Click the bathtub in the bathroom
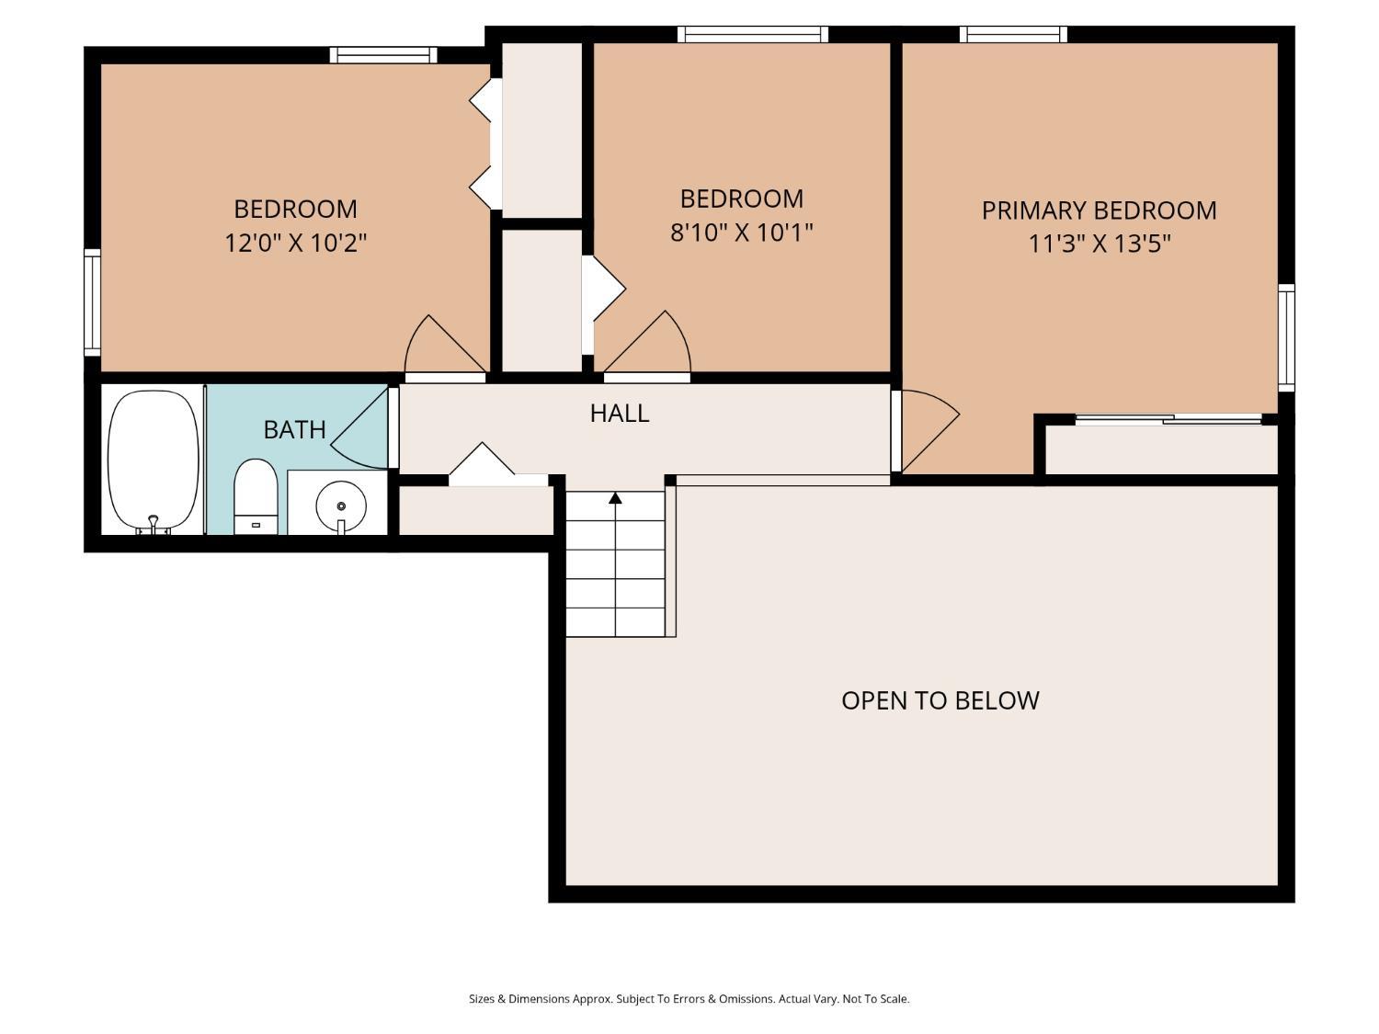coord(153,460)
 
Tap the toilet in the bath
coord(255,496)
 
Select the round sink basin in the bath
coord(340,505)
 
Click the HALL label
coord(620,414)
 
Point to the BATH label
coord(294,429)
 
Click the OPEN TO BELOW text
coord(940,700)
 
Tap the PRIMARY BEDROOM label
coord(1099,210)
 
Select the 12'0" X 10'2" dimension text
coord(296,244)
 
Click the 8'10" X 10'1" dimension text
coord(741,233)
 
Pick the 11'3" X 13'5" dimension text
coord(1099,244)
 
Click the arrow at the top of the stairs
coord(615,498)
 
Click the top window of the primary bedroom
coord(1013,35)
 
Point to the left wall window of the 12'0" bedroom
coord(92,301)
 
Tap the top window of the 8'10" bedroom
coord(752,35)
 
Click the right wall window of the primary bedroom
coord(1286,336)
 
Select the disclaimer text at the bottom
coord(689,999)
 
